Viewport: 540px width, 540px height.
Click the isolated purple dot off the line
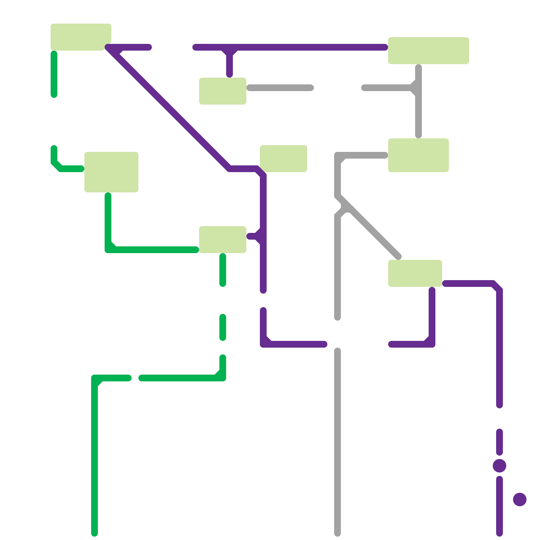pos(520,500)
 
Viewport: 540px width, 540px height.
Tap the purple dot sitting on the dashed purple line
pos(500,466)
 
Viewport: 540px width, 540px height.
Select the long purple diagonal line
pos(169,108)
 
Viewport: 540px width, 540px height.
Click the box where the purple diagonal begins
pos(81,37)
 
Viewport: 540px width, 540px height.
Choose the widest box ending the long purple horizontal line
pos(429,51)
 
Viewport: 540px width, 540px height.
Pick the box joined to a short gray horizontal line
pos(223,91)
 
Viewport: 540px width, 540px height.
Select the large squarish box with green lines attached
pos(111,172)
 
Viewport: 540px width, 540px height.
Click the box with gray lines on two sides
pos(418,155)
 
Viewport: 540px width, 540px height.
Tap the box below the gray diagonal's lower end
pos(415,273)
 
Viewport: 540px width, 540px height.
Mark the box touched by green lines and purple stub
pos(223,240)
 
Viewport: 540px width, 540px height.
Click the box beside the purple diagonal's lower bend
pos(283,159)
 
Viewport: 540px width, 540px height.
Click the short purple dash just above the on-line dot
pos(500,442)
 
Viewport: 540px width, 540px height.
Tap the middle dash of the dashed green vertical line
pos(223,327)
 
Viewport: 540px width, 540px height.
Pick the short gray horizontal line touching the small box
pos(280,88)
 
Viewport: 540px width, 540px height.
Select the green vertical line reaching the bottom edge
pos(94,456)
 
